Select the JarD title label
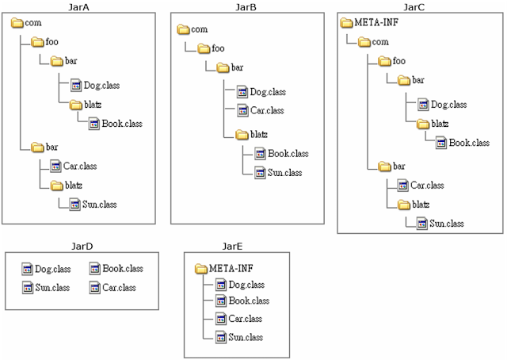82,247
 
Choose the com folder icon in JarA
17,23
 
